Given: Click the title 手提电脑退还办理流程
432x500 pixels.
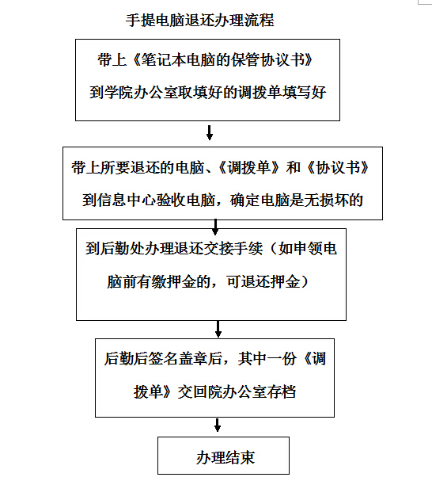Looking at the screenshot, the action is pyautogui.click(x=199, y=21).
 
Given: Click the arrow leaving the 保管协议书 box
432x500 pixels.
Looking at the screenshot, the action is pyautogui.click(x=210, y=132).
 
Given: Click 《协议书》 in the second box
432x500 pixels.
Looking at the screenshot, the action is pyautogui.click(x=337, y=168).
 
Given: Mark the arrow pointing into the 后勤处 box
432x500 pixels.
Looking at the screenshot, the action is pyautogui.click(x=215, y=227).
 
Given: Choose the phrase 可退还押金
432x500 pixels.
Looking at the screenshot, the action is pyautogui.click(x=263, y=281).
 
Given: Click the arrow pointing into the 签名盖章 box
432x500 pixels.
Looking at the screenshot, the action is pyautogui.click(x=218, y=329).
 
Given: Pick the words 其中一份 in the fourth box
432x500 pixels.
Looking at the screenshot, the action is pyautogui.click(x=267, y=359).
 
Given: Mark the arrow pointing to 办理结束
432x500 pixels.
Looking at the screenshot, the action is pyautogui.click(x=218, y=425).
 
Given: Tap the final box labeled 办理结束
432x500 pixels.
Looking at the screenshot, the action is pyautogui.click(x=223, y=456).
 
